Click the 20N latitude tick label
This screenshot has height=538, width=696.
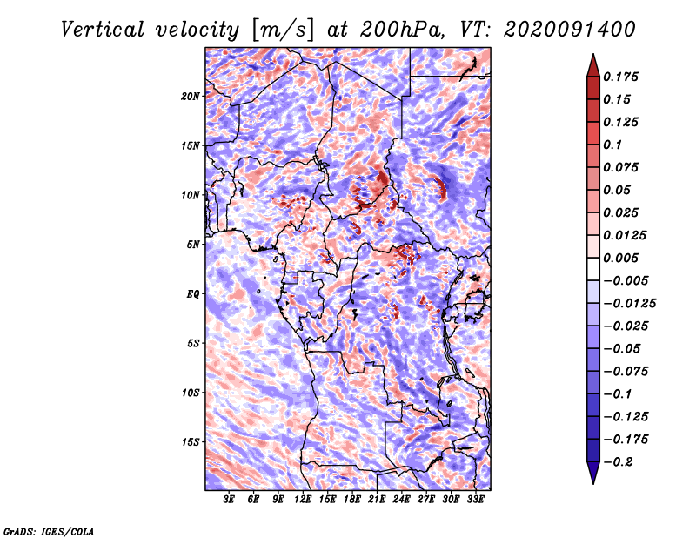[x=191, y=96]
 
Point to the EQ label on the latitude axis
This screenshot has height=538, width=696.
[x=193, y=293]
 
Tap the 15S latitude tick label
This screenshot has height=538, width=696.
[x=191, y=441]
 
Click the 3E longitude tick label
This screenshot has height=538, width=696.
[x=229, y=500]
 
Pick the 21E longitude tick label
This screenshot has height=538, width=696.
[x=377, y=500]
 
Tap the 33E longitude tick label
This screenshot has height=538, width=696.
[x=475, y=500]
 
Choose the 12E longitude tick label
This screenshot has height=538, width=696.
[x=303, y=500]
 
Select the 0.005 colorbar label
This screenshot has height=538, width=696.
[x=623, y=258]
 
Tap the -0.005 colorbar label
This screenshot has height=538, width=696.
[x=626, y=280]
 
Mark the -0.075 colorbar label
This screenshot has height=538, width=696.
[x=626, y=371]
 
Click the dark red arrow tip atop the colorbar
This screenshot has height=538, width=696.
[x=592, y=64]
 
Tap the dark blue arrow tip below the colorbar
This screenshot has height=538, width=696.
[x=592, y=474]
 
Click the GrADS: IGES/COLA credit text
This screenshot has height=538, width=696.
[x=49, y=530]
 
